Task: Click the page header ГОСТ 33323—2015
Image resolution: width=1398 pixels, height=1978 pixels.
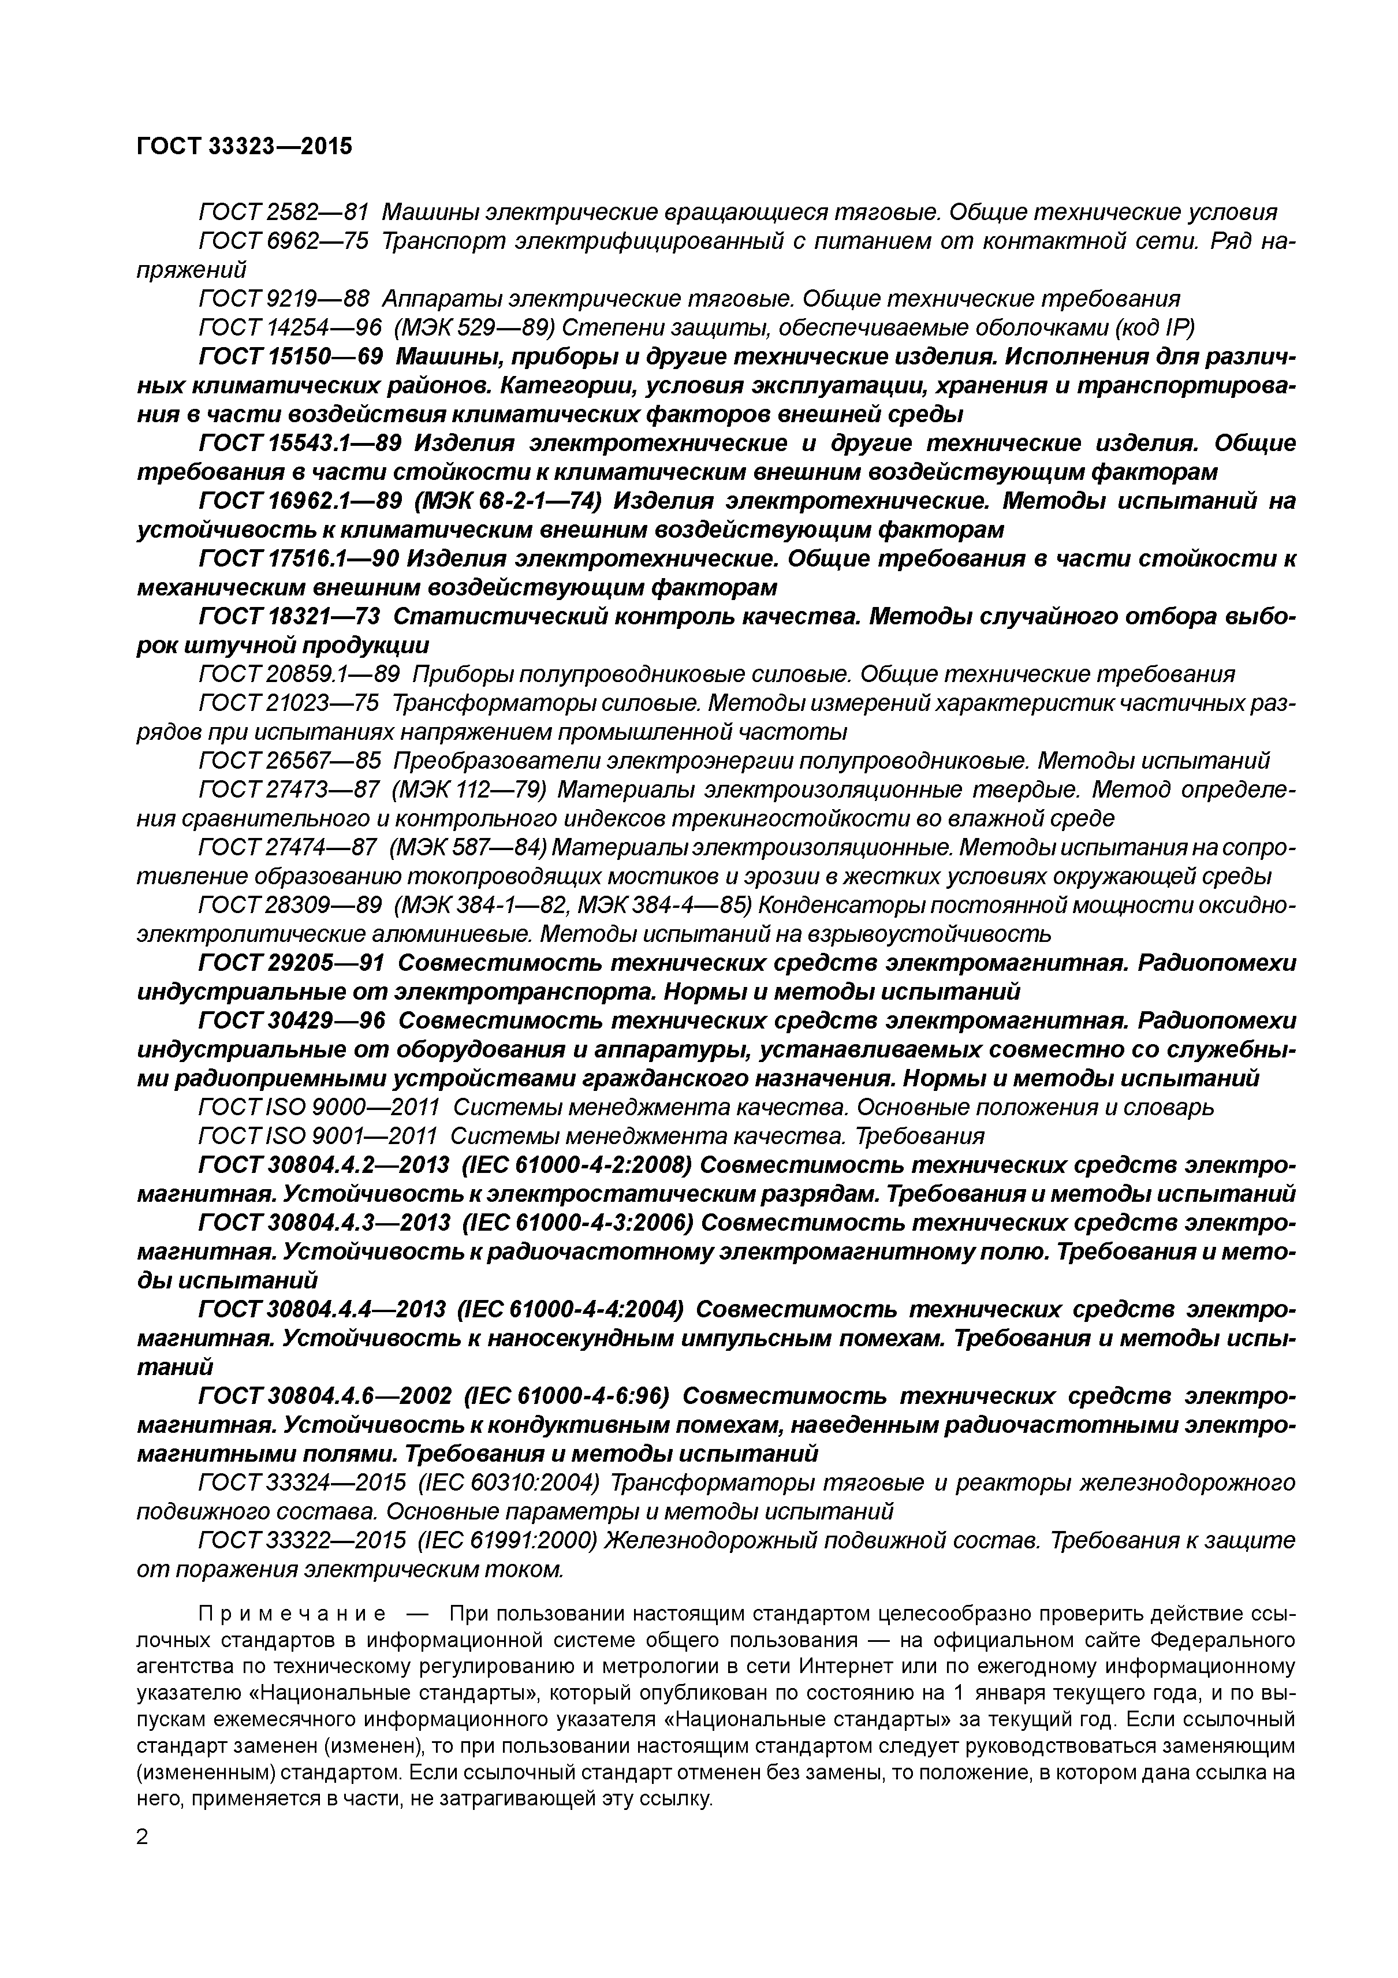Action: coord(245,147)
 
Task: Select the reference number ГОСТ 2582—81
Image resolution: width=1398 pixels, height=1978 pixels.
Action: coord(284,212)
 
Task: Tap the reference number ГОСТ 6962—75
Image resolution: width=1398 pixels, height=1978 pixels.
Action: coord(284,241)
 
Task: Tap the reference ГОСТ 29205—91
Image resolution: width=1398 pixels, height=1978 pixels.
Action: coord(291,963)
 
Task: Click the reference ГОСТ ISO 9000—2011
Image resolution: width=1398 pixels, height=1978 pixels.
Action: coord(319,1108)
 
